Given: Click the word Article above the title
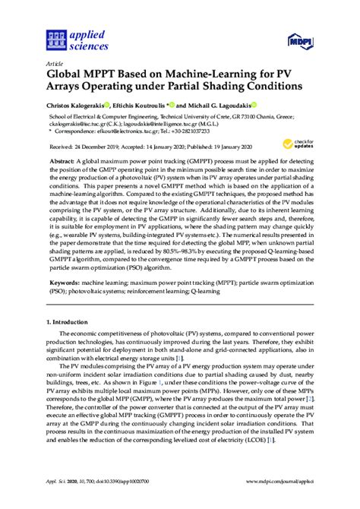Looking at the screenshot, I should point(55,65).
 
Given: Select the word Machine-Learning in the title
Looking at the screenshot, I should point(192,75).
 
